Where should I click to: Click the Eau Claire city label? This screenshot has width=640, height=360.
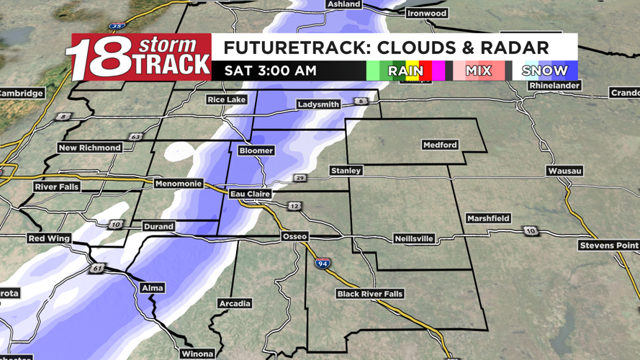tap(250, 194)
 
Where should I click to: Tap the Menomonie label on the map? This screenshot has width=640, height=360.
tap(179, 184)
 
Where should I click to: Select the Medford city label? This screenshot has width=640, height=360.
tap(440, 145)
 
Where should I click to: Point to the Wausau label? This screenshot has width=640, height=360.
tap(564, 171)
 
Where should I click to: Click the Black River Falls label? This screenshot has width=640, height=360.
tap(370, 294)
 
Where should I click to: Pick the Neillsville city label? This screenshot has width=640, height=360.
tap(414, 238)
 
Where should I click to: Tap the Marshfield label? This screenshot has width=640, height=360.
tap(488, 218)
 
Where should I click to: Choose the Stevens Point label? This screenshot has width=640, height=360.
tap(608, 246)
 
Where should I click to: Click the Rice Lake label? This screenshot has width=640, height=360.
tap(226, 99)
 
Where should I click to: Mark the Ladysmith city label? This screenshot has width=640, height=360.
tap(318, 104)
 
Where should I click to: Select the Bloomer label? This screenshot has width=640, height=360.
tap(256, 150)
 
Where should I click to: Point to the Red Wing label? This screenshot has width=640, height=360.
tap(49, 238)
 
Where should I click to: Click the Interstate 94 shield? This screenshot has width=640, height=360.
tap(323, 264)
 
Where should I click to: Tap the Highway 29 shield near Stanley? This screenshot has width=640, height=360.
tap(299, 178)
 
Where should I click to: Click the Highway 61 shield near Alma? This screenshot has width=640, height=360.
tap(96, 269)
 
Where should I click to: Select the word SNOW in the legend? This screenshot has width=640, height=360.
tap(544, 71)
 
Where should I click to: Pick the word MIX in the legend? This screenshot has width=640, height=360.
tap(478, 71)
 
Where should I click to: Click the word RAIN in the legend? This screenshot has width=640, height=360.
tap(405, 71)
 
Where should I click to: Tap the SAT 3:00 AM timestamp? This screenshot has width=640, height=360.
tap(270, 71)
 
